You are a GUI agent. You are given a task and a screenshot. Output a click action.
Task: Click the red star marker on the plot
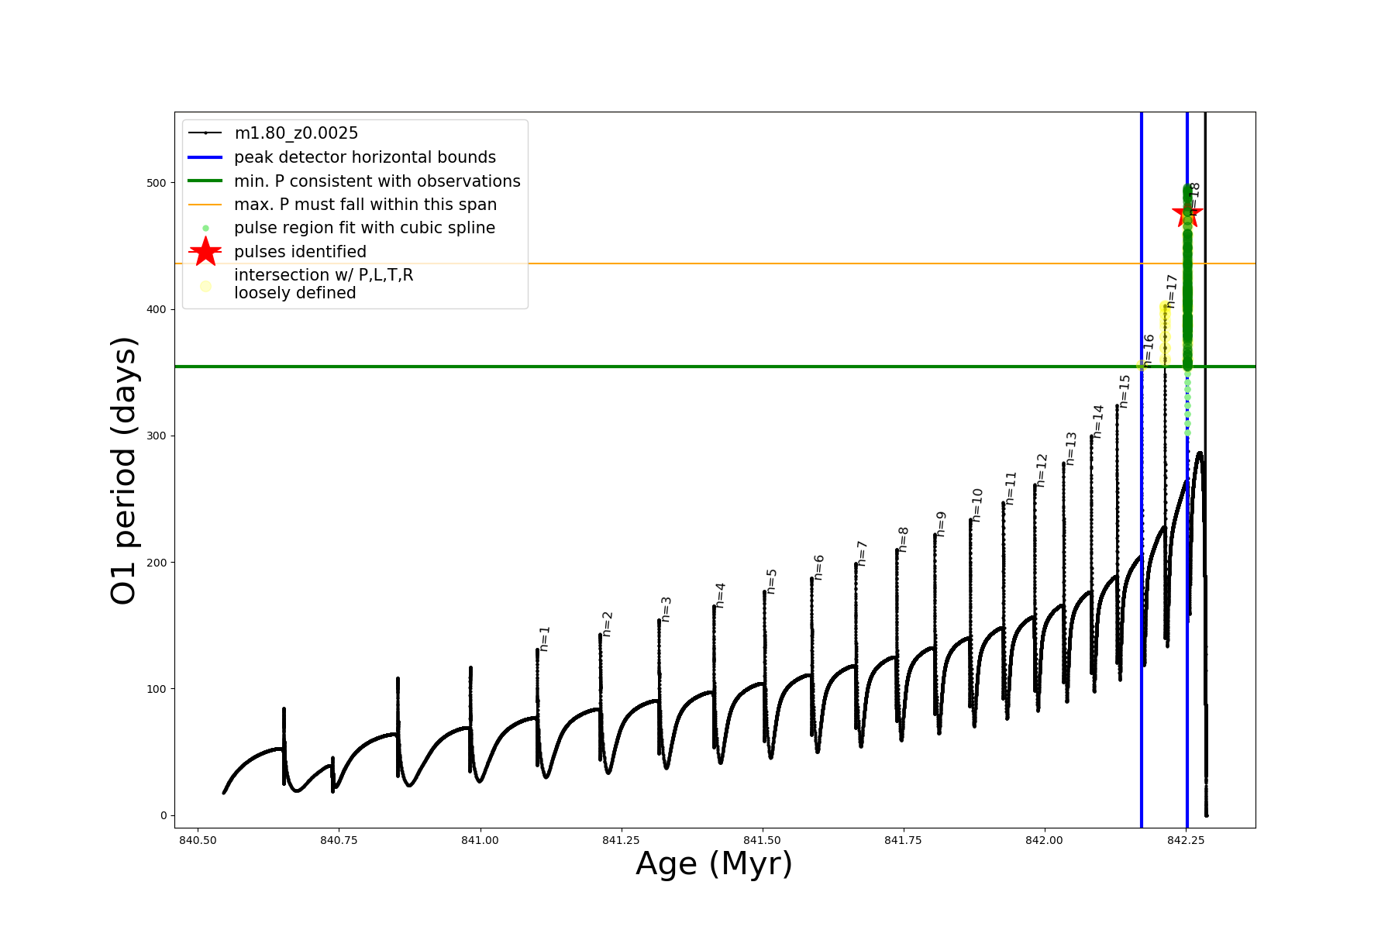[x=1187, y=214]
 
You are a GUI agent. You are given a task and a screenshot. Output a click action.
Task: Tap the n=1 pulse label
[x=544, y=639]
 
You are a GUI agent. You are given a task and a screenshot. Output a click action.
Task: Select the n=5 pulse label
[x=771, y=581]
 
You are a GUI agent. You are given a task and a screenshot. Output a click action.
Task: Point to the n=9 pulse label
[x=941, y=524]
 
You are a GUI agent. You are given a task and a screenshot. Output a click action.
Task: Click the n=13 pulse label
[x=1071, y=449]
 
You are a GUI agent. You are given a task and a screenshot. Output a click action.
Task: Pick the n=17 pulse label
[x=1172, y=291]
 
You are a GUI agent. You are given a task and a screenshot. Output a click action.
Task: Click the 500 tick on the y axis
[x=157, y=183]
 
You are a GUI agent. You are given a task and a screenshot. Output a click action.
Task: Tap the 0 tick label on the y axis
[x=163, y=815]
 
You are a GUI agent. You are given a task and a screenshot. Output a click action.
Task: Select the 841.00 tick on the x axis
[x=480, y=840]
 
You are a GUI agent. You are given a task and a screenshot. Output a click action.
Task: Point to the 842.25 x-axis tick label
[x=1185, y=840]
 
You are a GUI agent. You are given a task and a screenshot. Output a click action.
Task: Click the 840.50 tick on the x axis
[x=198, y=840]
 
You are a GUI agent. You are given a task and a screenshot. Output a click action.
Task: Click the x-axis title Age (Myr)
[x=714, y=864]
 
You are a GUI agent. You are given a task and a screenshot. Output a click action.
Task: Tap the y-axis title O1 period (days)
[x=124, y=470]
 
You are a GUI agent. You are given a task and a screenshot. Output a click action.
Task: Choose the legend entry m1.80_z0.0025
[x=296, y=133]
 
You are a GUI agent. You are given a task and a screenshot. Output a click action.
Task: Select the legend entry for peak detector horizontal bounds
[x=364, y=157]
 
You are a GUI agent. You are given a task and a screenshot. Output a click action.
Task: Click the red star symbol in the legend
[x=205, y=252]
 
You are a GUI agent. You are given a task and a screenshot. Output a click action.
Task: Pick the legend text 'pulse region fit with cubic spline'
[x=364, y=228]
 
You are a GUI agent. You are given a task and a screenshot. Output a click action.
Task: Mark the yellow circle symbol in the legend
[x=205, y=286]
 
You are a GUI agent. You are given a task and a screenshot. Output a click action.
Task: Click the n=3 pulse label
[x=666, y=609]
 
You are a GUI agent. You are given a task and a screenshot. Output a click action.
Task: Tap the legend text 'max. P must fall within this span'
[x=365, y=205]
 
